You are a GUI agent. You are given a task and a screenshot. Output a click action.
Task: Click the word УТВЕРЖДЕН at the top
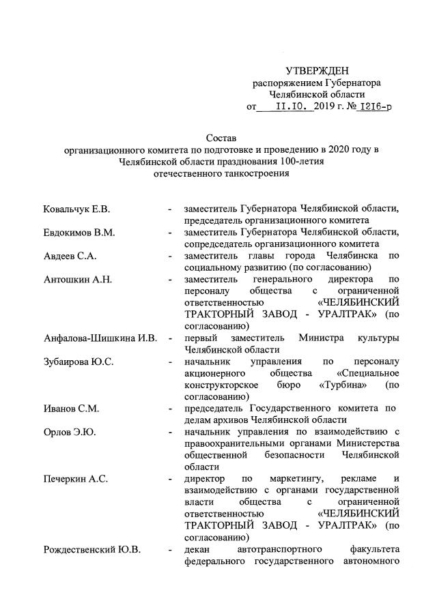[x=317, y=71]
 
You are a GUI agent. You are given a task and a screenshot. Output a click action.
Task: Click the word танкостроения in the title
[x=250, y=173]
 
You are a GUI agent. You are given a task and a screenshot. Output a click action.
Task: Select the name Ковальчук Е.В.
[x=76, y=208]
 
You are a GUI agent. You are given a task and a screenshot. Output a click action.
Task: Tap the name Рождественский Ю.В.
[x=91, y=551]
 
